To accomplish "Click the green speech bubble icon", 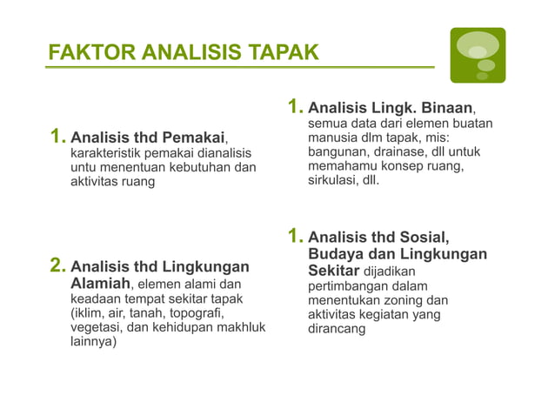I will point(477,55).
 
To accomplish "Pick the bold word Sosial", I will point(424,238).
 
